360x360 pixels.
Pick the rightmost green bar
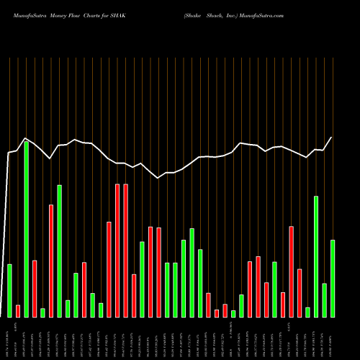click(x=333, y=278)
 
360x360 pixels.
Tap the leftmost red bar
click(x=18, y=310)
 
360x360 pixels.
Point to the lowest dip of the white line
click(x=159, y=178)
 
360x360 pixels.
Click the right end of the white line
click(x=332, y=138)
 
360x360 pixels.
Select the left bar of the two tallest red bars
click(x=117, y=251)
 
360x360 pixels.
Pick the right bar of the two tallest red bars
click(x=126, y=251)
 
